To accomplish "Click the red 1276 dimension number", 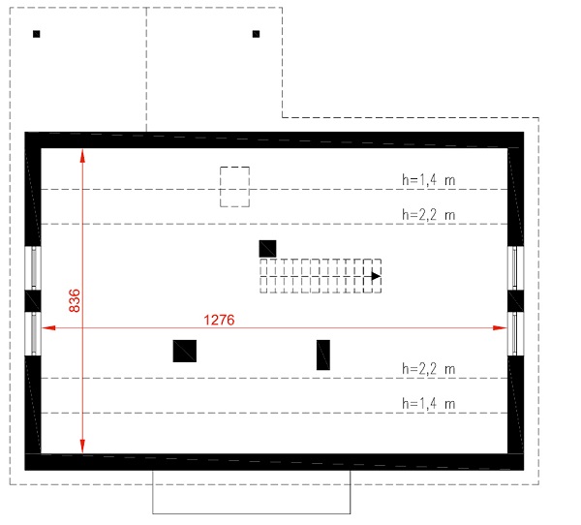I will click(219, 319).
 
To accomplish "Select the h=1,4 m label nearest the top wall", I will click(428, 179).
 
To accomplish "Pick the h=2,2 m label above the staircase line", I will click(428, 214).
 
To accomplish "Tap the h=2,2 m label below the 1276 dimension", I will click(428, 369).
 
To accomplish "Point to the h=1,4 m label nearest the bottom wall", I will click(428, 403).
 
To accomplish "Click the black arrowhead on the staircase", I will click(374, 276).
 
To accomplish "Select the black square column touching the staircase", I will click(267, 248).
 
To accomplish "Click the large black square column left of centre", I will click(185, 351).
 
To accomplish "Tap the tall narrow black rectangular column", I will click(323, 355).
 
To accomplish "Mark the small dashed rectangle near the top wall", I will click(234, 186).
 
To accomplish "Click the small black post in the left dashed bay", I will click(37, 34).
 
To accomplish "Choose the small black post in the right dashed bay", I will click(256, 34).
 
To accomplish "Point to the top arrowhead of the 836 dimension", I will click(83, 154).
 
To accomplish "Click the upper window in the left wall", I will click(33, 267).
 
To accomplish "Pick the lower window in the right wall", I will click(515, 333).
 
